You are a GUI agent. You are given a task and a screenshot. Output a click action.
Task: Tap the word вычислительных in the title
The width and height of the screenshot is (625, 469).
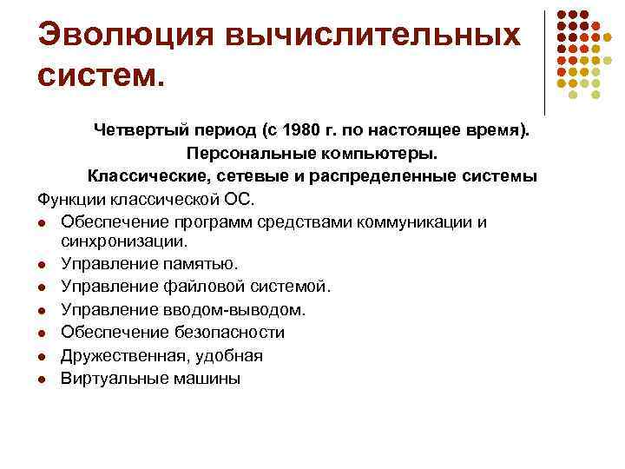tap(374, 36)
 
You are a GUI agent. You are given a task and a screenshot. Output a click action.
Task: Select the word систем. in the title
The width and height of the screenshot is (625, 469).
tap(100, 79)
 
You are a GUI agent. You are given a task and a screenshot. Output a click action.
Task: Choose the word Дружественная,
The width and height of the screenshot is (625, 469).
tap(124, 356)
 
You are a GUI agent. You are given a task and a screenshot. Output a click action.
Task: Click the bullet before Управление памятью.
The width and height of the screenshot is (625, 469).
tap(43, 263)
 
